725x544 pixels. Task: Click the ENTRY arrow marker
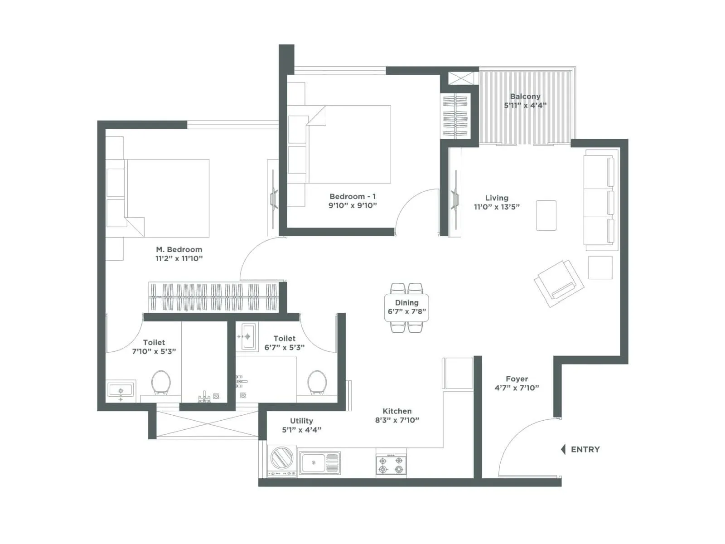tap(563, 449)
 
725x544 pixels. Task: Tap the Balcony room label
tap(525, 96)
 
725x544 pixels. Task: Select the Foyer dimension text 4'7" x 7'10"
tap(517, 388)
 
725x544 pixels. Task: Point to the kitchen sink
tap(319, 463)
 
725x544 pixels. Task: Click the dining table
tap(406, 307)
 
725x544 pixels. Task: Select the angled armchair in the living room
tap(559, 283)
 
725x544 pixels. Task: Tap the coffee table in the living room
tap(546, 215)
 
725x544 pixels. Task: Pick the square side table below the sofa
tap(600, 267)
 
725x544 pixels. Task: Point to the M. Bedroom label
tap(179, 249)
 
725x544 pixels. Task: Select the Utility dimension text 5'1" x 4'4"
tap(301, 430)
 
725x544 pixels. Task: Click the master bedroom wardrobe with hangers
tap(213, 297)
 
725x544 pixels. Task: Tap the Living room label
tap(497, 198)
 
